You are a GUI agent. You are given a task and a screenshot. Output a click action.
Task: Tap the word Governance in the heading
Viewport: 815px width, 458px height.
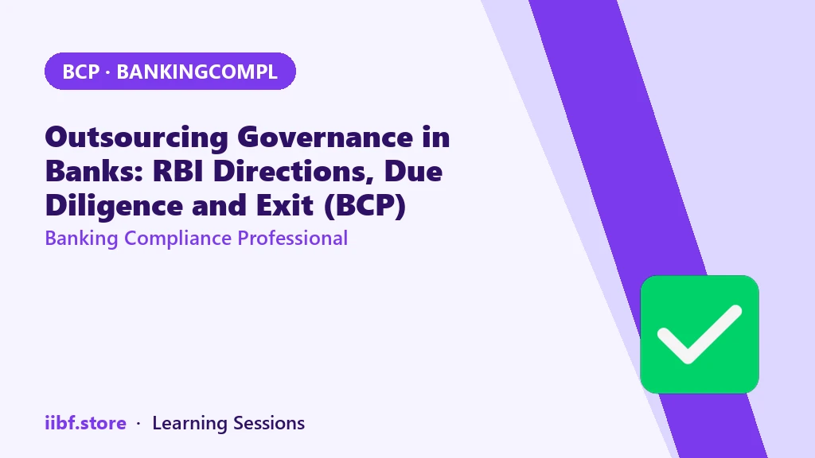tap(326, 138)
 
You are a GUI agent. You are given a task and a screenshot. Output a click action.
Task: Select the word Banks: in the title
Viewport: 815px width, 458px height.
tap(94, 172)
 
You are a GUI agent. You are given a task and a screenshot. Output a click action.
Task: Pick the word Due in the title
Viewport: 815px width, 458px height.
tap(413, 172)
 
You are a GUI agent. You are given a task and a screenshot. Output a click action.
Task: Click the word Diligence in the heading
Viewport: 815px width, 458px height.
tap(114, 206)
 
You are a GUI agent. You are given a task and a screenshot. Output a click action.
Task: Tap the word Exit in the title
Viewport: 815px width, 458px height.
tap(285, 205)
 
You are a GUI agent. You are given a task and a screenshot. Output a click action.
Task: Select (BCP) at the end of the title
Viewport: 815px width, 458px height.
tap(365, 206)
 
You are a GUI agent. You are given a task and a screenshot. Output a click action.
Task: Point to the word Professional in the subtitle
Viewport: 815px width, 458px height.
tap(293, 238)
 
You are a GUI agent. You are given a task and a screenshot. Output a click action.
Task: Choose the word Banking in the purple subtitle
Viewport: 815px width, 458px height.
tap(82, 239)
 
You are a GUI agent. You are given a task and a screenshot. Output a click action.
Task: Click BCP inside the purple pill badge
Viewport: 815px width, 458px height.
tap(80, 72)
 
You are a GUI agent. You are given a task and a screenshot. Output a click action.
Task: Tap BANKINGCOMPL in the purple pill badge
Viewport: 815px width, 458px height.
tap(197, 72)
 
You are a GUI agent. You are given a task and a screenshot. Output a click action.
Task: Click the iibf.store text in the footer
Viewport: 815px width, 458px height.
tap(86, 423)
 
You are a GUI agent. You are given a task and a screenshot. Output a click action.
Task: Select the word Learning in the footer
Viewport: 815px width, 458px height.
tap(189, 424)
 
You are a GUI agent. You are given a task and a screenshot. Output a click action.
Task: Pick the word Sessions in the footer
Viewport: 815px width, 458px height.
tap(269, 423)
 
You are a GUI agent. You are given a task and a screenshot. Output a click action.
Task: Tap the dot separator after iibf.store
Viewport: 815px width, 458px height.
tap(138, 424)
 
